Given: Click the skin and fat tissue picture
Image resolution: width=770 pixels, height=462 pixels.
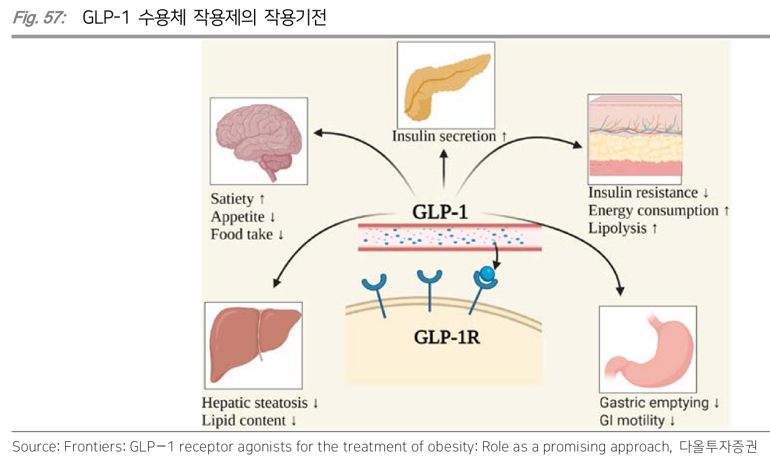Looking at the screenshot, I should pyautogui.click(x=634, y=139).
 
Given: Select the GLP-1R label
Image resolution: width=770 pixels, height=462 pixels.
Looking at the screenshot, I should pyautogui.click(x=446, y=336).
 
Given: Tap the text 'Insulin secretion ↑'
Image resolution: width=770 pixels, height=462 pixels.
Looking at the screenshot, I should pyautogui.click(x=449, y=136).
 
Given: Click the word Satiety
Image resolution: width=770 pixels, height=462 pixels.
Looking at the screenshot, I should pyautogui.click(x=231, y=199).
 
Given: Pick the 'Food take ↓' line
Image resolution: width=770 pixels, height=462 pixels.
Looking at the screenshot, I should pyautogui.click(x=247, y=234).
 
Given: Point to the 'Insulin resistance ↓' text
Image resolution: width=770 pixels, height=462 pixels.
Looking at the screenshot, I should pyautogui.click(x=648, y=193).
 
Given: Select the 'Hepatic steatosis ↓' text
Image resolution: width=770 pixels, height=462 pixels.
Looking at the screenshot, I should pyautogui.click(x=260, y=403).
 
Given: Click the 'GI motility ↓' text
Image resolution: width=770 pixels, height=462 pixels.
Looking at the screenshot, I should pyautogui.click(x=637, y=421).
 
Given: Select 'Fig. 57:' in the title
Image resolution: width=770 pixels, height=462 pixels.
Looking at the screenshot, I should pyautogui.click(x=39, y=18).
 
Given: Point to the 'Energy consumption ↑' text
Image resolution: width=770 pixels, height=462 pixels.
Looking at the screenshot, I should pyautogui.click(x=659, y=211).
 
